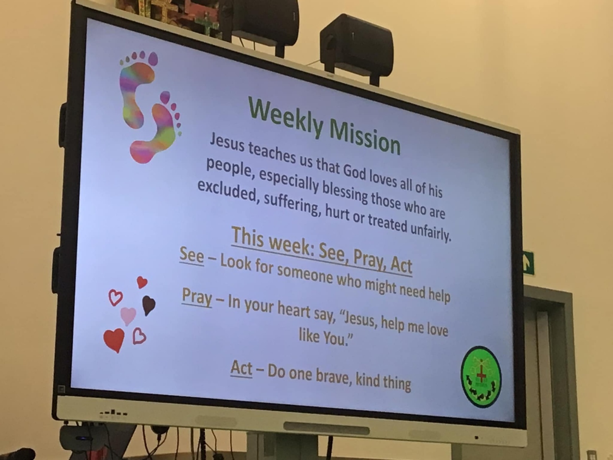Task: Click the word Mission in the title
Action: coord(364,139)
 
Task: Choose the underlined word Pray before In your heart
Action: coord(197,298)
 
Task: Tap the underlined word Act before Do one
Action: coord(241,368)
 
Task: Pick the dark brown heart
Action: coord(149,305)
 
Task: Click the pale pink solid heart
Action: coord(128,315)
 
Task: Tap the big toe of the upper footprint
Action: coord(153,58)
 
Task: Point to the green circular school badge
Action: coord(480,376)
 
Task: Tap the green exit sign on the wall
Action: coord(528,263)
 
